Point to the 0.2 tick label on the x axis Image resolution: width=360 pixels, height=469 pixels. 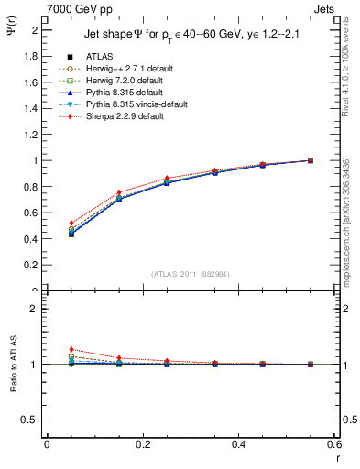(x=142, y=445)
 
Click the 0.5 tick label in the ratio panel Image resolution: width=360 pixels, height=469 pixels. (x=30, y=420)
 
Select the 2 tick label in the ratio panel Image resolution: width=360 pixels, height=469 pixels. (x=35, y=309)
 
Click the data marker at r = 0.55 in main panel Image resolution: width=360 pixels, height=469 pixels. (x=311, y=160)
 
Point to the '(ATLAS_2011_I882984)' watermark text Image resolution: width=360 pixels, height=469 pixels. (x=191, y=273)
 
